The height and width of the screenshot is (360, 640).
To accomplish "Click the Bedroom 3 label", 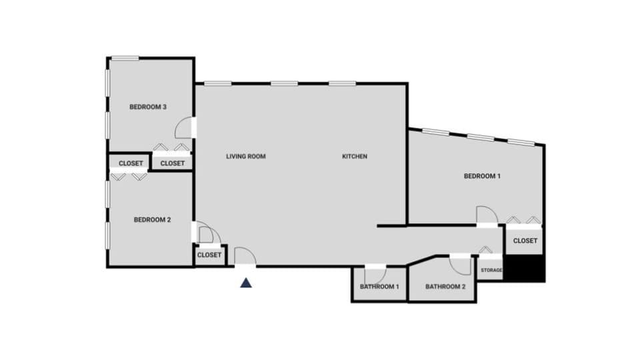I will pyautogui.click(x=147, y=107).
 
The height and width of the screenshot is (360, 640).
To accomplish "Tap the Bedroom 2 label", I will pyautogui.click(x=152, y=220).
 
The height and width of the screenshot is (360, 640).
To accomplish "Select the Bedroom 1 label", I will pyautogui.click(x=482, y=176).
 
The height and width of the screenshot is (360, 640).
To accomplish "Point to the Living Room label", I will pyautogui.click(x=246, y=157).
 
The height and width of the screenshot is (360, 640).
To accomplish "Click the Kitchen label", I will pyautogui.click(x=355, y=157).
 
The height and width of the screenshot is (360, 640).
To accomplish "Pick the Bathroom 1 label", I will pyautogui.click(x=379, y=287).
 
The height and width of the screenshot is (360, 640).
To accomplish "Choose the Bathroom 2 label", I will pyautogui.click(x=445, y=287).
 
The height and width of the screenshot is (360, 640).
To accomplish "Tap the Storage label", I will pyautogui.click(x=491, y=270).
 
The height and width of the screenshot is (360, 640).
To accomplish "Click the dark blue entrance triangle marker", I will pyautogui.click(x=246, y=283).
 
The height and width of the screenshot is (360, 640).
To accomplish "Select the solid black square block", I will pyautogui.click(x=525, y=269).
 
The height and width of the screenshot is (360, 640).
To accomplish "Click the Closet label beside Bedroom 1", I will pyautogui.click(x=525, y=241).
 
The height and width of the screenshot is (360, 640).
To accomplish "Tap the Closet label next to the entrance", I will pyautogui.click(x=209, y=255).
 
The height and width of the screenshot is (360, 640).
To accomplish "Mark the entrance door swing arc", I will pyautogui.click(x=245, y=256).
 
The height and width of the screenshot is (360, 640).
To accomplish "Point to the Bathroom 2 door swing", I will pyautogui.click(x=459, y=265).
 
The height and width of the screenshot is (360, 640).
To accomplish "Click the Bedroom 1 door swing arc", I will pyautogui.click(x=487, y=215).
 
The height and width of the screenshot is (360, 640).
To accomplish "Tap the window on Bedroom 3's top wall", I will pyautogui.click(x=125, y=58).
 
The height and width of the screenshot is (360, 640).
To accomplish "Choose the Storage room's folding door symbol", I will pyautogui.click(x=486, y=251).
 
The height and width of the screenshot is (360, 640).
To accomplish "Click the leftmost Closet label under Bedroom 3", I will pyautogui.click(x=131, y=163).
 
